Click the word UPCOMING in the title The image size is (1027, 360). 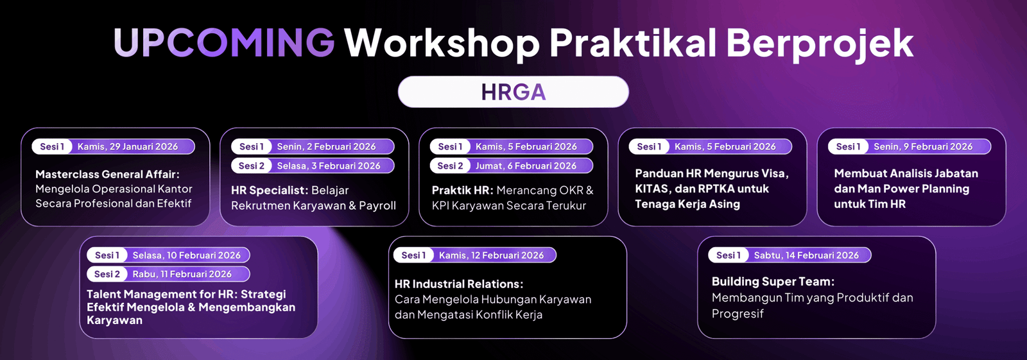(x=224, y=42)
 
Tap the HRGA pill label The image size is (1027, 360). (x=513, y=92)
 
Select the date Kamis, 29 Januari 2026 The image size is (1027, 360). (x=128, y=147)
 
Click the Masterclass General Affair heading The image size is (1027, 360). (x=107, y=175)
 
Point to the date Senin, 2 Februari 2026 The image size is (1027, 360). (x=326, y=147)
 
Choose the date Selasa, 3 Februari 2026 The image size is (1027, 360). (x=328, y=166)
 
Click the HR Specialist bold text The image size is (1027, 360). (x=270, y=191)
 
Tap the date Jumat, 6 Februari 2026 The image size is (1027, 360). (x=526, y=166)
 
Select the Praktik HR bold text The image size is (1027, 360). (x=463, y=191)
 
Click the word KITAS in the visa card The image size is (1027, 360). (x=653, y=189)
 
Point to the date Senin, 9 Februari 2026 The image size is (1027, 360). (x=923, y=147)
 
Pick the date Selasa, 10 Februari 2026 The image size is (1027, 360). (x=187, y=255)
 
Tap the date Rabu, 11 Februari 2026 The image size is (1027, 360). (x=182, y=274)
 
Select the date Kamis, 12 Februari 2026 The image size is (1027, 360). (x=491, y=255)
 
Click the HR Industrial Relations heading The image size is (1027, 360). (x=459, y=284)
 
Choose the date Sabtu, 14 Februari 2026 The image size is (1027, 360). (x=806, y=255)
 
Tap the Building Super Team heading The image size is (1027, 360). (x=773, y=282)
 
